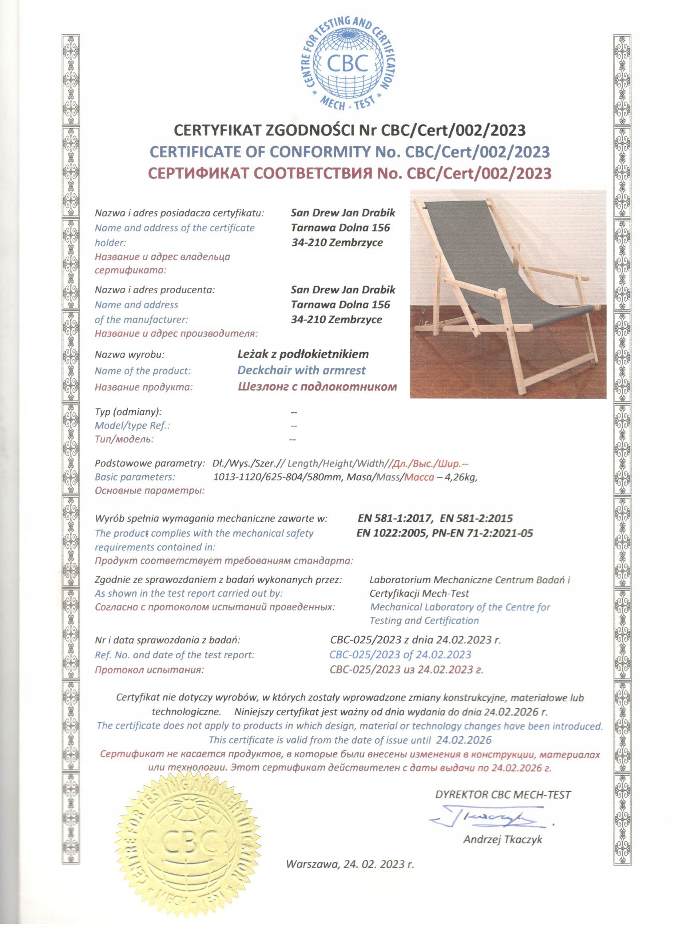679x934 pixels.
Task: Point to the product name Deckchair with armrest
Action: (302, 370)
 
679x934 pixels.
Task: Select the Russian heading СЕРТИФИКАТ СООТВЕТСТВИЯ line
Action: (349, 173)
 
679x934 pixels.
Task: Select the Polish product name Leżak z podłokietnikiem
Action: (303, 354)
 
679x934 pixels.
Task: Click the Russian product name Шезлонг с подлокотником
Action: (318, 387)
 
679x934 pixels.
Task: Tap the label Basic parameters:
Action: (135, 477)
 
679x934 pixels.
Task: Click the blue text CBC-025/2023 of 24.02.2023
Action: (400, 654)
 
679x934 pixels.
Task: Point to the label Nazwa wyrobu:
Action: (130, 354)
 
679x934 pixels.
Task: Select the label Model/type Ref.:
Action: (133, 426)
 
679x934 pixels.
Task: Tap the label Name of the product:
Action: (143, 371)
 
